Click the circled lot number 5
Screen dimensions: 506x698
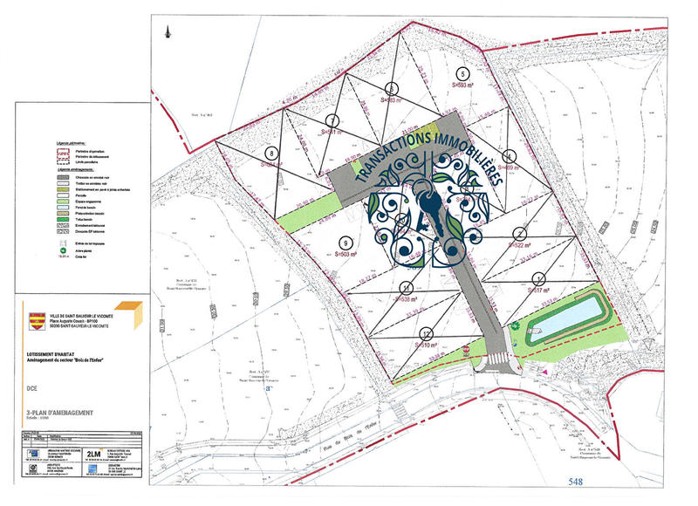pyautogui.click(x=462, y=73)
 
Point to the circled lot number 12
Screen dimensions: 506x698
pyautogui.click(x=426, y=334)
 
